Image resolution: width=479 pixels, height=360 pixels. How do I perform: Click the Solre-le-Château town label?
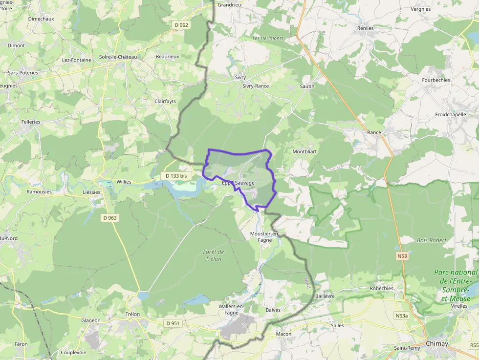pyautogui.click(x=118, y=57)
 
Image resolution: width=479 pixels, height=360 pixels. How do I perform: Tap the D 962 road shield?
pyautogui.click(x=181, y=24)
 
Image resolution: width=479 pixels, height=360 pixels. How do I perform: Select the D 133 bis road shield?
pyautogui.click(x=176, y=176)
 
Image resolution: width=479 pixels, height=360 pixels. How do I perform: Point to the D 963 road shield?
pyautogui.click(x=110, y=218)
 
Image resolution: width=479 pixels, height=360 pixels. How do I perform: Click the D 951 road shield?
pyautogui.click(x=173, y=323)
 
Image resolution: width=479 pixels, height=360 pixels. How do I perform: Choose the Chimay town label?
pyautogui.click(x=436, y=343)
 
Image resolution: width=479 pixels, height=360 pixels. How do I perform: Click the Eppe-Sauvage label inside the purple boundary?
pyautogui.click(x=238, y=183)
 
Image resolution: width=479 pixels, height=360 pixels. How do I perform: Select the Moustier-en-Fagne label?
pyautogui.click(x=264, y=237)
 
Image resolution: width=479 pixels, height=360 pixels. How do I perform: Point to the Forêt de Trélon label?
pyautogui.click(x=214, y=255)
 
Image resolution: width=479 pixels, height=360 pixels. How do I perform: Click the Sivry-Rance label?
pyautogui.click(x=256, y=86)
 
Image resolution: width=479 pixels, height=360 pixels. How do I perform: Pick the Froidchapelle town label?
pyautogui.click(x=449, y=114)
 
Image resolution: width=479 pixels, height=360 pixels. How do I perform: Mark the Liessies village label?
pyautogui.click(x=91, y=192)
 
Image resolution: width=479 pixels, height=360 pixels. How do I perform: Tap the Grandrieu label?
pyautogui.click(x=229, y=5)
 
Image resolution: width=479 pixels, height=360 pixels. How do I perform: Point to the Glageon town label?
pyautogui.click(x=91, y=320)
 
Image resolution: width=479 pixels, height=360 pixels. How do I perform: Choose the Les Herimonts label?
pyautogui.click(x=268, y=38)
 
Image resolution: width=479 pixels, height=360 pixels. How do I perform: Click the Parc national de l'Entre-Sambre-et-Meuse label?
pyautogui.click(x=456, y=285)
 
